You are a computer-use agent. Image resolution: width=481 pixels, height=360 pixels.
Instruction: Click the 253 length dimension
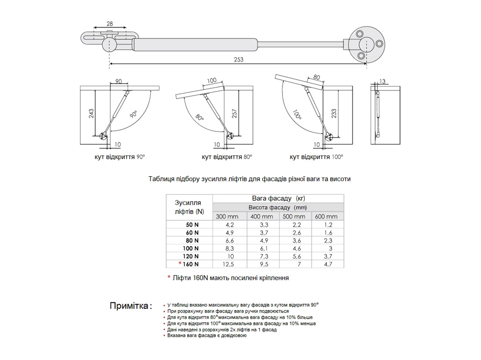point(238,60)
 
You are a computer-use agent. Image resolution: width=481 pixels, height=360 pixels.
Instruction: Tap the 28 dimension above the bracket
point(110,24)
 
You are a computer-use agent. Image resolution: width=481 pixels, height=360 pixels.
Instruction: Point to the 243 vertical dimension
point(91,114)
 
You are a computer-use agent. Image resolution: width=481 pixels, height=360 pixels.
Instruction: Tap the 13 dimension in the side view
point(382,81)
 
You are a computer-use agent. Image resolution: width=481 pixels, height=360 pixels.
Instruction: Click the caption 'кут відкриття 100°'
point(316,157)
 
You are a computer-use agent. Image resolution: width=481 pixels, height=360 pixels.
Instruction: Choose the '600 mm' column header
point(328,216)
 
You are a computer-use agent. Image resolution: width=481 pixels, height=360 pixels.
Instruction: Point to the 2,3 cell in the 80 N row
point(328,241)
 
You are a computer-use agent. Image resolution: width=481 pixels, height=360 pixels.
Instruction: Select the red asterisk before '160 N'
point(180,264)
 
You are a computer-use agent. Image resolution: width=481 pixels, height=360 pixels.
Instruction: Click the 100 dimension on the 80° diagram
point(212,80)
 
